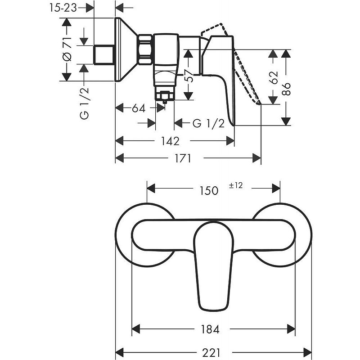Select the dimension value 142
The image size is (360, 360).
click(x=170, y=141)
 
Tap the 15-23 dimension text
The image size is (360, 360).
click(x=63, y=8)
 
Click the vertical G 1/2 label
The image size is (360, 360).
click(x=85, y=103)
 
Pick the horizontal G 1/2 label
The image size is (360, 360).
click(x=208, y=124)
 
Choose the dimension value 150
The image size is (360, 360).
click(x=209, y=190)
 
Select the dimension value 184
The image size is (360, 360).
click(x=210, y=329)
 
